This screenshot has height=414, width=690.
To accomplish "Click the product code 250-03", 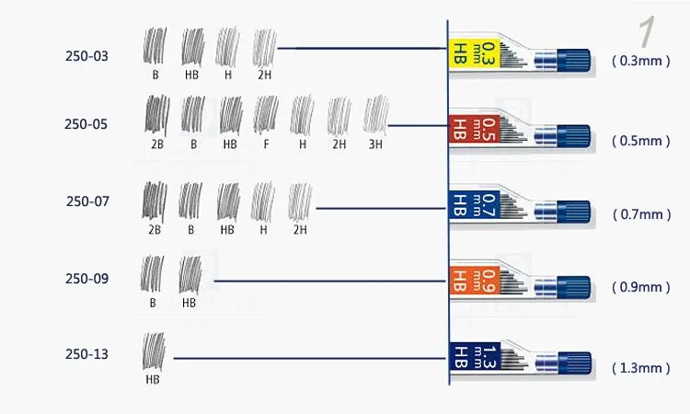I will pos(86,56).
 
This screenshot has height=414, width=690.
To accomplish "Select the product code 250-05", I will pos(86,124).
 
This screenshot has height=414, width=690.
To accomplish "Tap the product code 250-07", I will pos(87,201).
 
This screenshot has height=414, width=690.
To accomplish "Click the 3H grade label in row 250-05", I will pos(376,144).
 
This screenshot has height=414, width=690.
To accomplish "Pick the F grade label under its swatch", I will pos(266,144).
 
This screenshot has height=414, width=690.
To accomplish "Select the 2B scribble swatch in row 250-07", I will pos(154,201).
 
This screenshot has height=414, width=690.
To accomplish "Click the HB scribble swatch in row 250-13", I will pos(154,351).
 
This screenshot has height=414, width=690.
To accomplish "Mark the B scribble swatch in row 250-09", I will pos(153,274).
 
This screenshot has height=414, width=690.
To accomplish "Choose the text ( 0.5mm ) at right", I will pos(640,142).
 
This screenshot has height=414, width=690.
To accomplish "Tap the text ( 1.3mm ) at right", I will pos(640,368).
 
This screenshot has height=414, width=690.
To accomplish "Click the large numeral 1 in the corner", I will pos(647,32).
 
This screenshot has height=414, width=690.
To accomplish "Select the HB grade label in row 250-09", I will pos(190,302).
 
